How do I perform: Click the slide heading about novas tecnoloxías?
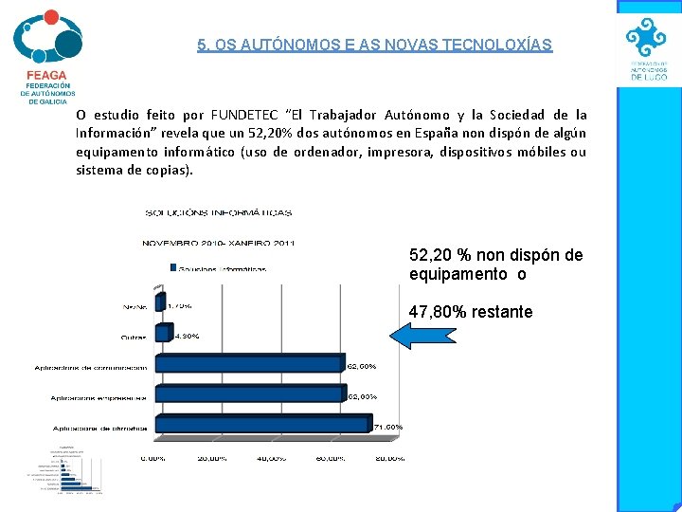[x=374, y=45]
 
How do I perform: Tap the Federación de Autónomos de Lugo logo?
[x=649, y=49]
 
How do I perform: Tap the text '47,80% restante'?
[x=471, y=312]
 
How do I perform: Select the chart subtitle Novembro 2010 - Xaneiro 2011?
[x=219, y=242]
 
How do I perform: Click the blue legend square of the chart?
[x=172, y=268]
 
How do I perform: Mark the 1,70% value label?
[x=180, y=306]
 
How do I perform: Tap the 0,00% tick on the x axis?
[x=153, y=458]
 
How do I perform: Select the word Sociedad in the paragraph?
[x=517, y=115]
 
